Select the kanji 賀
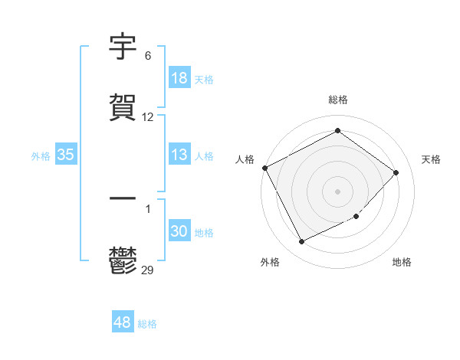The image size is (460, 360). [x=123, y=107]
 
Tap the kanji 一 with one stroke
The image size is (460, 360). [x=123, y=199]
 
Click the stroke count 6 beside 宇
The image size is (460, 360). [x=148, y=56]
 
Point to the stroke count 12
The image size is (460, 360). [x=148, y=117]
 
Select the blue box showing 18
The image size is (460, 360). [x=179, y=78]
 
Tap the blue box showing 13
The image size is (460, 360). [x=179, y=155]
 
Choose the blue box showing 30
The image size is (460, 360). [x=179, y=231]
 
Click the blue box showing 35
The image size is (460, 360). [x=66, y=155]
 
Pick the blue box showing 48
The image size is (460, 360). [x=123, y=322]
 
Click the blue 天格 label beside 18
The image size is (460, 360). [x=204, y=79]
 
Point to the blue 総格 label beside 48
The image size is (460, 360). [x=147, y=323]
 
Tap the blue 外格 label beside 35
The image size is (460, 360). [x=41, y=155]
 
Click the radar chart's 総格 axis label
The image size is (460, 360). [x=338, y=100]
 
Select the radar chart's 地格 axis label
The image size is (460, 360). [x=402, y=262]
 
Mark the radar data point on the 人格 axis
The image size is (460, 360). [x=265, y=168]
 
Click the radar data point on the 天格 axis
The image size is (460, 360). [x=396, y=172]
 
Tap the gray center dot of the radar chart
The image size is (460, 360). [x=338, y=191]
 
